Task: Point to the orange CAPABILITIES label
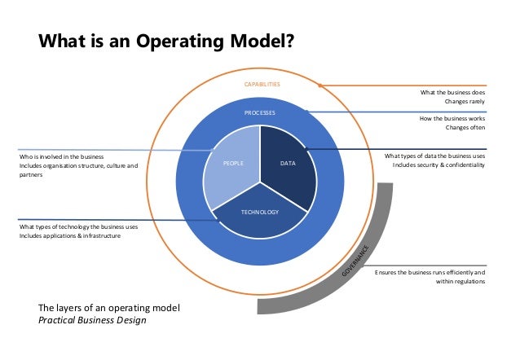(262, 84)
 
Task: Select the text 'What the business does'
(452, 93)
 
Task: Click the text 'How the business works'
(452, 118)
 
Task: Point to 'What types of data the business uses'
(434, 155)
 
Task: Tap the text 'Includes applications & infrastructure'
(69, 235)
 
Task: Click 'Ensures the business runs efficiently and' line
(430, 272)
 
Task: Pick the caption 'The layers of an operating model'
(115, 308)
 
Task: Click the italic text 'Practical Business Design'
(95, 320)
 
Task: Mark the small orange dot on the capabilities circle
(321, 85)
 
